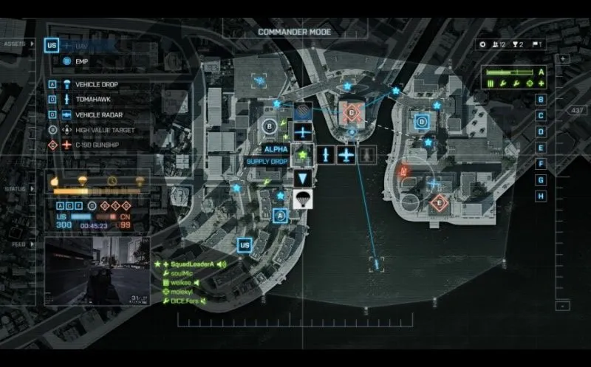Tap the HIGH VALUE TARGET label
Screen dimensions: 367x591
(109, 131)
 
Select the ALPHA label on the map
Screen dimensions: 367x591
(275, 149)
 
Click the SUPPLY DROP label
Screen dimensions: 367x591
(267, 161)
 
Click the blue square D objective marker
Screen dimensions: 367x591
(422, 122)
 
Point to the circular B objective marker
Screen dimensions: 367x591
(270, 127)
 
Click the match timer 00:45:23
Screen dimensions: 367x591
(94, 225)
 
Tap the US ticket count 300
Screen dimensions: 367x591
(64, 225)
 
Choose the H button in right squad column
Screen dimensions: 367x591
(542, 196)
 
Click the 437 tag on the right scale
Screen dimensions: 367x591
(576, 110)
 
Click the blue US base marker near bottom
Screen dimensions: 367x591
(244, 244)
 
